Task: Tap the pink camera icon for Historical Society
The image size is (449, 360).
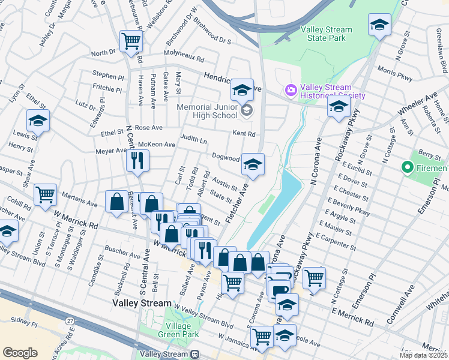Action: point(292,90)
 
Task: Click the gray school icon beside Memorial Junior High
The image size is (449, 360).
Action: point(246,111)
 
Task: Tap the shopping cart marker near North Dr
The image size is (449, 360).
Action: point(131,41)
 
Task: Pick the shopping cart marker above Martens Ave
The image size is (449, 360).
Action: point(46,195)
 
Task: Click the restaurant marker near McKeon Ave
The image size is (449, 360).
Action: point(138,160)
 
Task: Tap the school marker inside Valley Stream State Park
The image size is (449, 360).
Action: point(379,25)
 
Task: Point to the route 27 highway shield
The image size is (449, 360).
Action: point(71,322)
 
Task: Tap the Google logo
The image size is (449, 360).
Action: point(20,353)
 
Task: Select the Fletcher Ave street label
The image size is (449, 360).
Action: point(236,204)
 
